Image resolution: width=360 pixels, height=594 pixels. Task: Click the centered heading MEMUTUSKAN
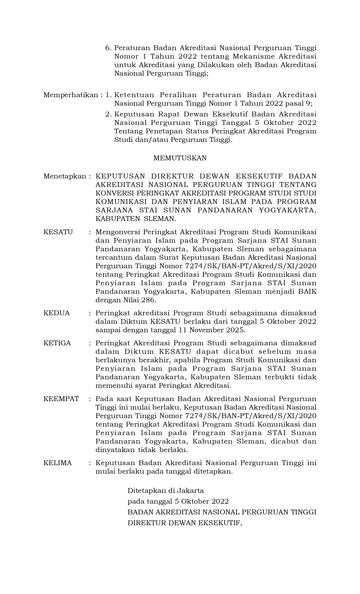180,158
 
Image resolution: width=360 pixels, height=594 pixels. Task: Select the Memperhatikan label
71,95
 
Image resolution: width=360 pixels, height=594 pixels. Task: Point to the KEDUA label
56,313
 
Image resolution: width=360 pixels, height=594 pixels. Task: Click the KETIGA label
57,343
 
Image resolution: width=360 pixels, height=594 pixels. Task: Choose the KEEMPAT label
61,399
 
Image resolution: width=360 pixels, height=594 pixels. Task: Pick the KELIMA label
58,463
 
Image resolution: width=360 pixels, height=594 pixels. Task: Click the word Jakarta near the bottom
190,490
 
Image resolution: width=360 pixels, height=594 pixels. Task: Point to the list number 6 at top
108,48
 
